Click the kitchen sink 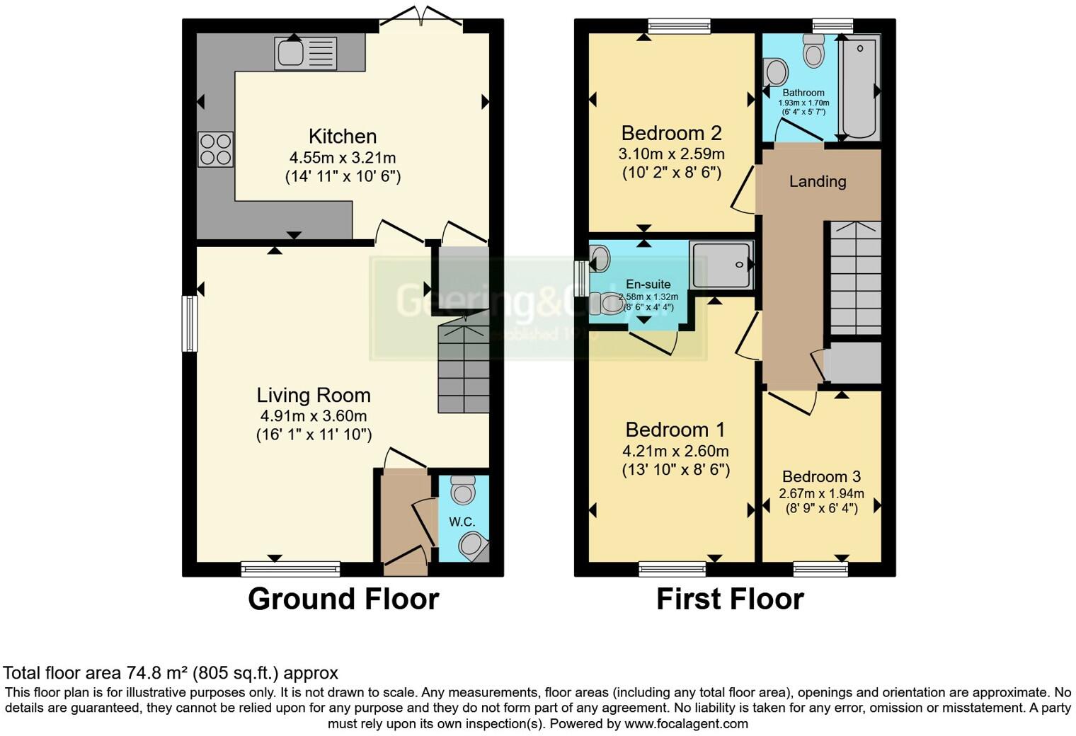click(x=305, y=53)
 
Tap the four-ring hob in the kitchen click(x=216, y=149)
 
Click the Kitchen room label click(x=343, y=136)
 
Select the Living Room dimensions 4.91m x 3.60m click(x=314, y=416)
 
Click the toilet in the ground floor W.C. click(x=463, y=488)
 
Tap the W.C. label click(x=462, y=522)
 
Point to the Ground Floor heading click(x=343, y=599)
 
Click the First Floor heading click(x=730, y=599)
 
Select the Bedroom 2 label click(x=671, y=133)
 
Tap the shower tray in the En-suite click(x=722, y=265)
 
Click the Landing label click(x=818, y=181)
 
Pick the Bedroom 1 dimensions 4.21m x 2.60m click(x=675, y=451)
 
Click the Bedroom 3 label click(x=821, y=476)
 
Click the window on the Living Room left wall click(x=190, y=323)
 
